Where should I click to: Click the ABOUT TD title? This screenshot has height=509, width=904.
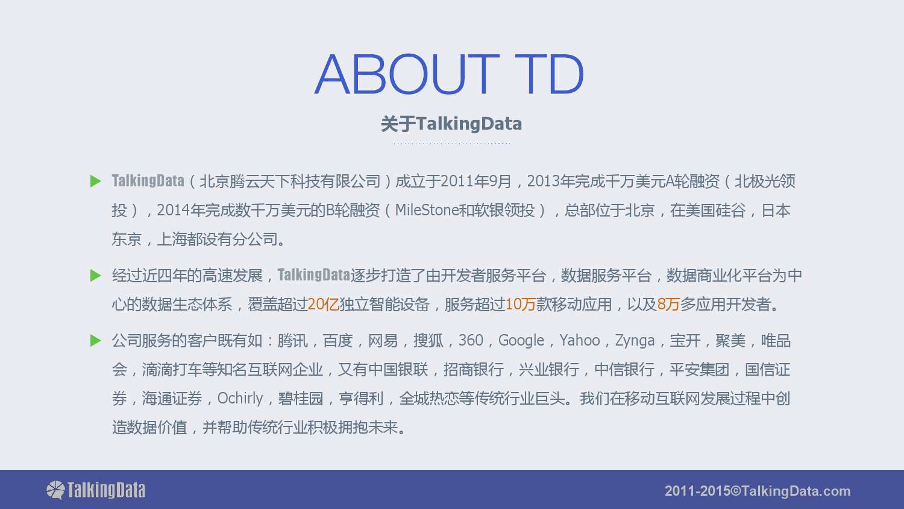click(x=449, y=74)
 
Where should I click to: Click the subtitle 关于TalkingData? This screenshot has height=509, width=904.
click(x=451, y=124)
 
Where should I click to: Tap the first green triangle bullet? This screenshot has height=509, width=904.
click(x=96, y=181)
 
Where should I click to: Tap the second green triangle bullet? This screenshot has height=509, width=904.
click(x=96, y=276)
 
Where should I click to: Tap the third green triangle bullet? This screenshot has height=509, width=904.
click(x=96, y=341)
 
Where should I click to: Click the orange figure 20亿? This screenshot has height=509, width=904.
click(x=323, y=304)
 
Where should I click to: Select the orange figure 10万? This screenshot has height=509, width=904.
click(x=520, y=304)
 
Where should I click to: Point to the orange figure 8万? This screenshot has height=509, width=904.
click(x=668, y=304)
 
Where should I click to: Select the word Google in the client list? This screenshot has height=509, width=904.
click(x=521, y=341)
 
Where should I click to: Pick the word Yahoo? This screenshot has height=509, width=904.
click(x=580, y=341)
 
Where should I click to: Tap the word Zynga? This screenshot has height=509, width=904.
click(x=635, y=341)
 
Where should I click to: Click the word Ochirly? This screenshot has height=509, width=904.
click(x=240, y=399)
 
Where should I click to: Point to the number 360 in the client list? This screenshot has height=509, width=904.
click(x=471, y=341)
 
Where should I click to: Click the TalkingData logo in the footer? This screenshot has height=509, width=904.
click(x=96, y=490)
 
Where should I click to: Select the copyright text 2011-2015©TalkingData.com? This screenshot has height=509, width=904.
click(x=758, y=491)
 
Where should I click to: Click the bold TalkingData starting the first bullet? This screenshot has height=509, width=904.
click(x=148, y=181)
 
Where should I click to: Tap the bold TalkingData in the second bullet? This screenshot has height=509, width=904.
click(x=313, y=275)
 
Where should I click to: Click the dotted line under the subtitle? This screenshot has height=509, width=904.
click(x=451, y=144)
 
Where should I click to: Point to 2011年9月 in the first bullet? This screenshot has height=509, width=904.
click(x=476, y=182)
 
